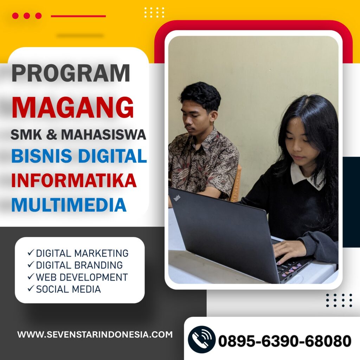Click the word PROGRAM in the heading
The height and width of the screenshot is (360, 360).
pyautogui.click(x=71, y=73)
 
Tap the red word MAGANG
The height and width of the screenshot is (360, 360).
pyautogui.click(x=72, y=108)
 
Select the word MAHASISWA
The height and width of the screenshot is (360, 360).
pyautogui.click(x=104, y=135)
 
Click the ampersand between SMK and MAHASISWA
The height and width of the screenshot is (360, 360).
pyautogui.click(x=51, y=135)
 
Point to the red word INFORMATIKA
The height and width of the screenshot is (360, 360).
pyautogui.click(x=74, y=180)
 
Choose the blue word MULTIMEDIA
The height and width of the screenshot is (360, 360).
pyautogui.click(x=69, y=205)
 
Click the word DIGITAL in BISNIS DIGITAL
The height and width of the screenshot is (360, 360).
pyautogui.click(x=112, y=156)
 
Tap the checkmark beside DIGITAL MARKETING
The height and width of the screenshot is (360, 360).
pyautogui.click(x=31, y=252)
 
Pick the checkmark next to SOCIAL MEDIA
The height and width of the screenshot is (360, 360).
pyautogui.click(x=31, y=288)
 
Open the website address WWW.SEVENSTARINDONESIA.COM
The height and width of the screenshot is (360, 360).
pyautogui.click(x=95, y=334)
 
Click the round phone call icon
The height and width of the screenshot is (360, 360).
pyautogui.click(x=201, y=340)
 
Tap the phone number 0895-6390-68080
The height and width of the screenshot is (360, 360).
pyautogui.click(x=285, y=341)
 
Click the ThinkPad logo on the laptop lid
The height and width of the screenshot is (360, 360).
pyautogui.click(x=177, y=198)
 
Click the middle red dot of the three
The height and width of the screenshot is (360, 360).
pyautogui.click(x=27, y=16)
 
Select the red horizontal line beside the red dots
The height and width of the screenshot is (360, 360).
pyautogui.click(x=78, y=16)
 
